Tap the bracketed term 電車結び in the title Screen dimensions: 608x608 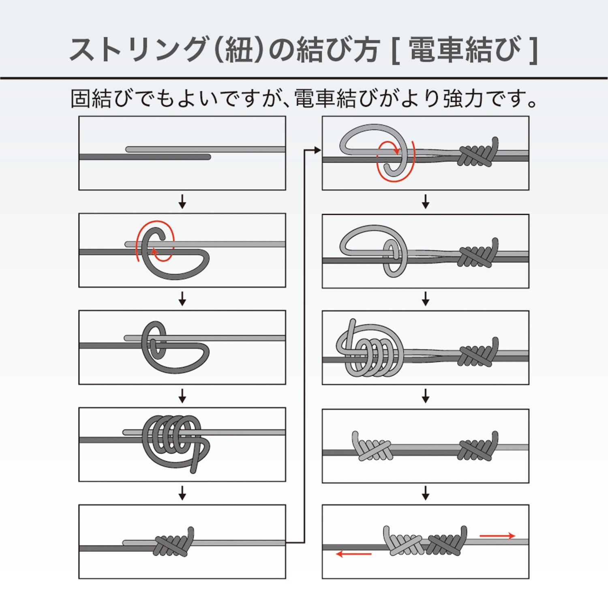click(465, 49)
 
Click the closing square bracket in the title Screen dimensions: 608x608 click(533, 50)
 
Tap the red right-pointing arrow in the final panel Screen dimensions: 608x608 click(497, 536)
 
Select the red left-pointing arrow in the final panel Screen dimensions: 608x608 click(354, 554)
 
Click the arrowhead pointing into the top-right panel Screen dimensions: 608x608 click(318, 150)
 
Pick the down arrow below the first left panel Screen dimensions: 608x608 click(182, 201)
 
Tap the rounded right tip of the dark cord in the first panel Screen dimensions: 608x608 click(208, 157)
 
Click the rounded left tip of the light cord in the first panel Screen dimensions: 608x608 click(128, 149)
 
